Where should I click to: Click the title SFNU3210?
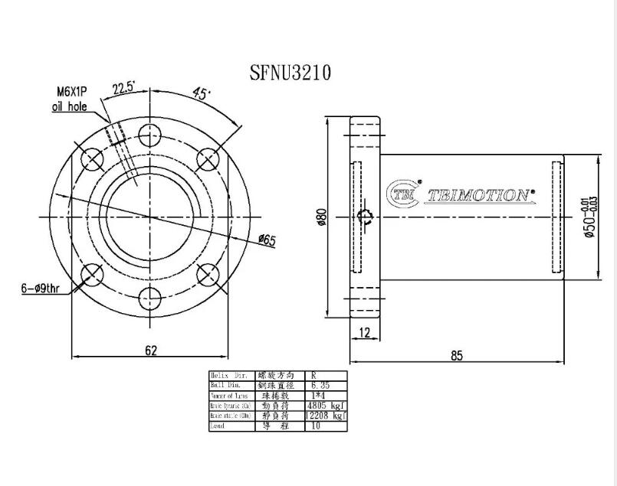click(x=290, y=73)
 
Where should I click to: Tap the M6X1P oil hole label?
click(x=70, y=99)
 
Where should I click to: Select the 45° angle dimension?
click(x=201, y=95)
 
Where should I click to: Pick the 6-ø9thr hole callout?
click(x=44, y=289)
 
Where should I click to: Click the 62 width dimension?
click(x=150, y=350)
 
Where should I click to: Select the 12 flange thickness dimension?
click(x=364, y=332)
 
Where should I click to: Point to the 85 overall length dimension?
click(x=457, y=356)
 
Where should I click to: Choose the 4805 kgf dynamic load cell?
click(x=324, y=406)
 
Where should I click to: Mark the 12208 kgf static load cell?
click(x=324, y=416)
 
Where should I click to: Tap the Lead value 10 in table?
click(x=316, y=426)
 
